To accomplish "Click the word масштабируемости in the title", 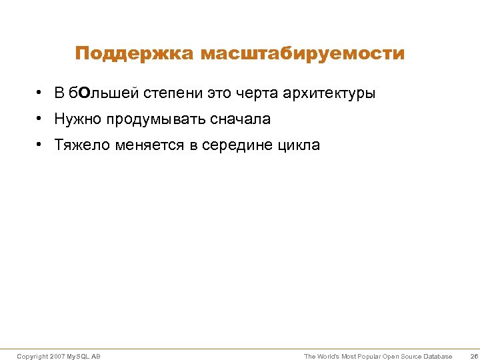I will tap(302, 53).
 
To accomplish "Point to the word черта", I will tap(258, 93).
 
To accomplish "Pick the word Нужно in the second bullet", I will tap(75, 119).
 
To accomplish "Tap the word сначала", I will tap(240, 119).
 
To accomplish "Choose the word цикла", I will tap(300, 145).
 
